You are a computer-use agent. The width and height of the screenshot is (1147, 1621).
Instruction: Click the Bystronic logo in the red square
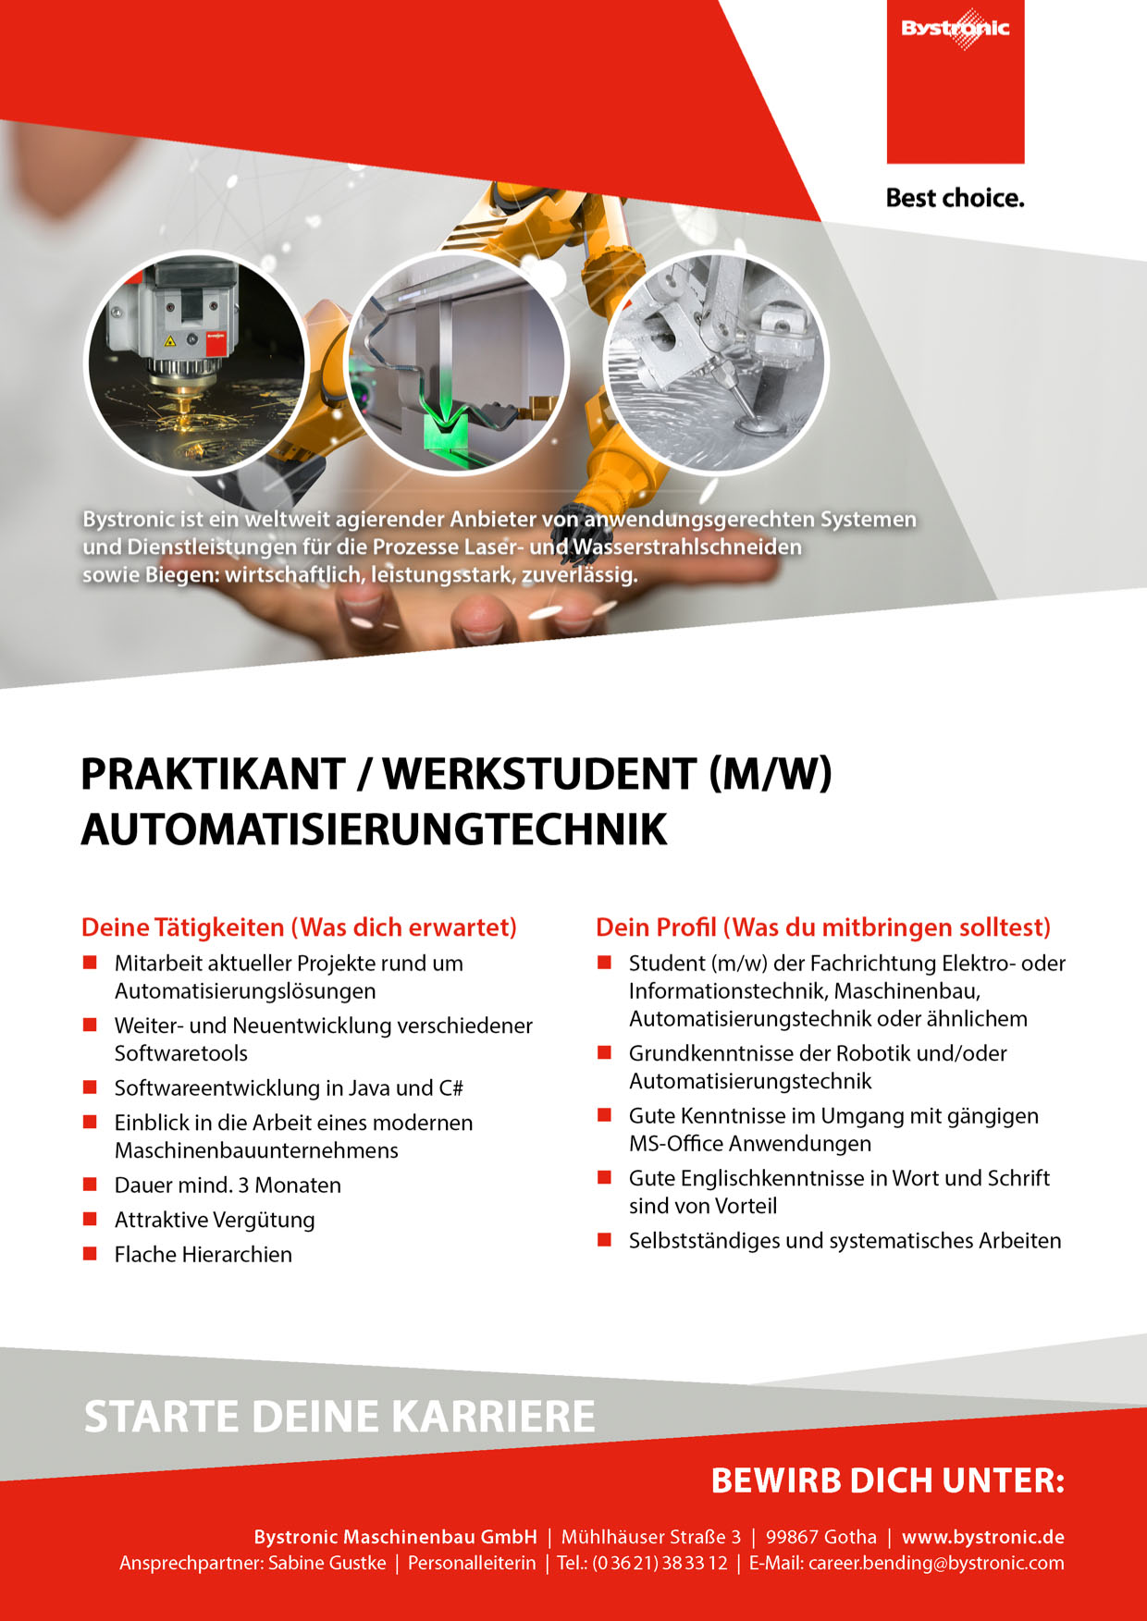click(956, 29)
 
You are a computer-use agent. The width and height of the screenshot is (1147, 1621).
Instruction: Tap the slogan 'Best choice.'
click(955, 198)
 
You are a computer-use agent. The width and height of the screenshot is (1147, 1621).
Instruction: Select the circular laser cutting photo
click(196, 362)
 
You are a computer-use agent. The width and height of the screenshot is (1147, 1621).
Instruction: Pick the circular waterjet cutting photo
click(715, 362)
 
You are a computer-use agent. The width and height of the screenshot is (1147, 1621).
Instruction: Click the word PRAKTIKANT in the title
click(213, 774)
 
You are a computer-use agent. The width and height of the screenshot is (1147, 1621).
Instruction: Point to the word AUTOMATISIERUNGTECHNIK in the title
click(374, 829)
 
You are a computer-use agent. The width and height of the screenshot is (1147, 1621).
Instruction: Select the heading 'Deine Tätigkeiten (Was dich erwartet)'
click(299, 927)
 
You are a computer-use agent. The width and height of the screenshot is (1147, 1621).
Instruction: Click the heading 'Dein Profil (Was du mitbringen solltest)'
click(822, 927)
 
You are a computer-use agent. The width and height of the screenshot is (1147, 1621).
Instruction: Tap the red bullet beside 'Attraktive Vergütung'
click(90, 1219)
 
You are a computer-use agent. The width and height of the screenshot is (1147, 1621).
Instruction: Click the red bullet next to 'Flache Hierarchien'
click(90, 1254)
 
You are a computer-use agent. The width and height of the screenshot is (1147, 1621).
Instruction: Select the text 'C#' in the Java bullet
click(451, 1088)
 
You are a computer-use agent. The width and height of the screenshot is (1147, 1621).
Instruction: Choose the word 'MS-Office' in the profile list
click(675, 1144)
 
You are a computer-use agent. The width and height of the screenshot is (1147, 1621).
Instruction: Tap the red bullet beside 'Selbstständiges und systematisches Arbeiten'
click(604, 1240)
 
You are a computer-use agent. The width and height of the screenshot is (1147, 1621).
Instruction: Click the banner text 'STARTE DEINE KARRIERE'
click(339, 1417)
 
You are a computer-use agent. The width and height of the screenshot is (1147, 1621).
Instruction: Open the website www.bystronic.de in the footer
click(982, 1537)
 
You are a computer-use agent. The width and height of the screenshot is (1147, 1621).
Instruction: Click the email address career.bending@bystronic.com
click(936, 1564)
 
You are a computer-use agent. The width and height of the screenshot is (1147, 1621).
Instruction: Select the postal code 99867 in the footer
click(792, 1537)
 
